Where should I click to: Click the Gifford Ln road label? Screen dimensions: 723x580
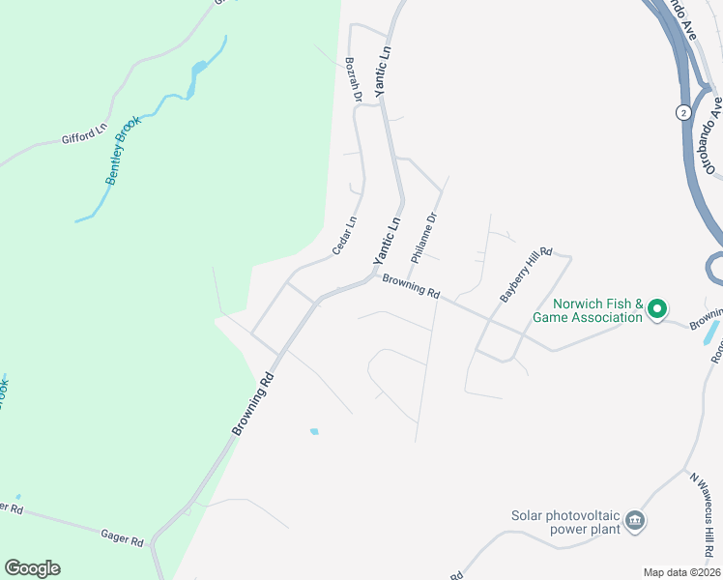(85, 134)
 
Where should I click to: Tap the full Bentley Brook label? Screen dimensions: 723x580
(124, 151)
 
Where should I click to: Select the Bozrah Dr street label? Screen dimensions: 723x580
(353, 79)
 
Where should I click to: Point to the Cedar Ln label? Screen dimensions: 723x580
(344, 235)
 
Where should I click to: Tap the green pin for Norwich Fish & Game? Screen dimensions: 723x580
(657, 309)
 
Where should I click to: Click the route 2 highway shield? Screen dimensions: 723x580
(683, 112)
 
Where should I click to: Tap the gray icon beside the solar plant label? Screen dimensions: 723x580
(635, 522)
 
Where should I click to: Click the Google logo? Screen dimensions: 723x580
(32, 568)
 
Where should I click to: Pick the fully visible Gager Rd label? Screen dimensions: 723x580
(123, 536)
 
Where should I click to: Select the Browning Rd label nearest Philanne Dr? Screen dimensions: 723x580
(411, 287)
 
